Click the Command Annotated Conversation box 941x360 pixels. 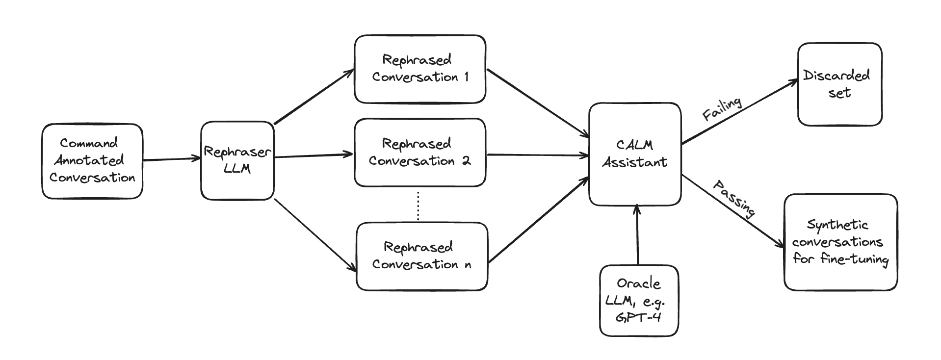[x=92, y=161]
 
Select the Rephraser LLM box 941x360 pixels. [x=237, y=160]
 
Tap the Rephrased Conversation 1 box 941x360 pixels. [x=420, y=69]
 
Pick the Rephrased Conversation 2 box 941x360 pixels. [x=420, y=153]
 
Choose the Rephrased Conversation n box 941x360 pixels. [x=421, y=256]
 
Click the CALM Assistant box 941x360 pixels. [x=635, y=154]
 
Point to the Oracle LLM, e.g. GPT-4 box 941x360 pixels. [x=639, y=301]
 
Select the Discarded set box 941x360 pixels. [x=839, y=84]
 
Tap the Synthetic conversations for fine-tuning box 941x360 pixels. [x=840, y=242]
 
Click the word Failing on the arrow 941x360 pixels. [x=722, y=109]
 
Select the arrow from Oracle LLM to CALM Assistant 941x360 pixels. [x=637, y=235]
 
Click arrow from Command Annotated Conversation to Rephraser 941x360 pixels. [x=172, y=159]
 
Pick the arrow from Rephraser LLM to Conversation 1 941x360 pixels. [x=314, y=96]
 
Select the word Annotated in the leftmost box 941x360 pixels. [x=89, y=160]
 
